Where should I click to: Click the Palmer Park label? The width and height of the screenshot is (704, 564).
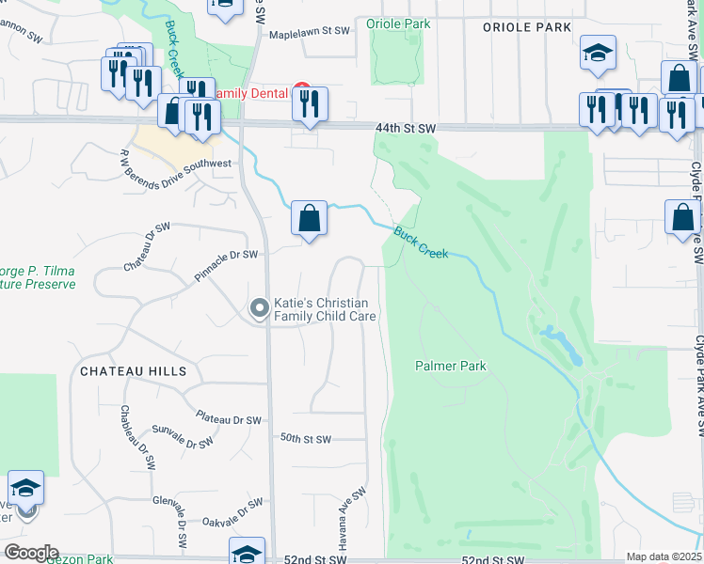(x=451, y=366)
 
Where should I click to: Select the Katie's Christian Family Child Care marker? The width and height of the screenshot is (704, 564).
(x=259, y=308)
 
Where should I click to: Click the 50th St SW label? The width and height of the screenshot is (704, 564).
(x=306, y=439)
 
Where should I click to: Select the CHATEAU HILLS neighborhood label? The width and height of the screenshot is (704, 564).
(x=133, y=371)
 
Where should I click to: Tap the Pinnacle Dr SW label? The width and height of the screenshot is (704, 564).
(x=225, y=255)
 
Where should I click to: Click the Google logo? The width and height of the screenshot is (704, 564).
(x=30, y=553)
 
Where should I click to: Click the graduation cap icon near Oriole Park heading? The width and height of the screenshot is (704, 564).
(x=598, y=55)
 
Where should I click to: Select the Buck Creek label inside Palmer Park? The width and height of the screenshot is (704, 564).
(x=421, y=243)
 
